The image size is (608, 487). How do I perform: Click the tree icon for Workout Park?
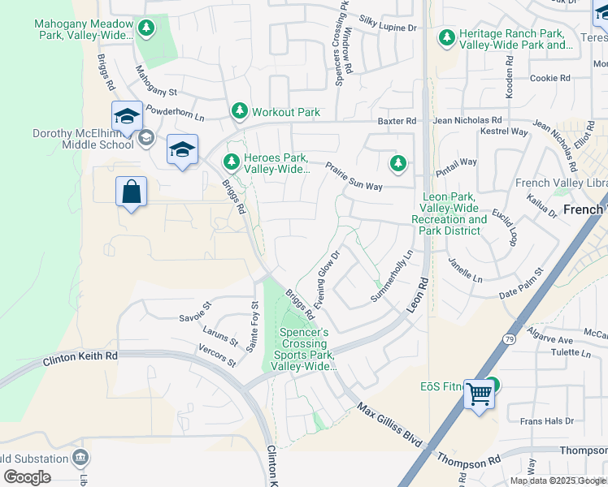pyautogui.click(x=239, y=111)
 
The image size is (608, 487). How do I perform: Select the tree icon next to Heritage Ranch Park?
pyautogui.click(x=446, y=37)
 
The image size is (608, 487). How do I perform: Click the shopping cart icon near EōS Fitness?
pyautogui.click(x=480, y=394)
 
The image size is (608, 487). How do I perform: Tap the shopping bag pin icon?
pyautogui.click(x=131, y=193)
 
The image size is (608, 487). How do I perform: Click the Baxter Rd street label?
pyautogui.click(x=397, y=121)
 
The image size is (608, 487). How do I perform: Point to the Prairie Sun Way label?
pyautogui.click(x=354, y=176)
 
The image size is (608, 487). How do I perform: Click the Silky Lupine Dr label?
pyautogui.click(x=388, y=28)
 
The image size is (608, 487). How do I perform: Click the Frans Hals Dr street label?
pyautogui.click(x=546, y=421)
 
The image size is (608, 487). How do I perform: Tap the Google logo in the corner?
pyautogui.click(x=27, y=476)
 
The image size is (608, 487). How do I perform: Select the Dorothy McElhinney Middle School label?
pyautogui.click(x=82, y=139)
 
